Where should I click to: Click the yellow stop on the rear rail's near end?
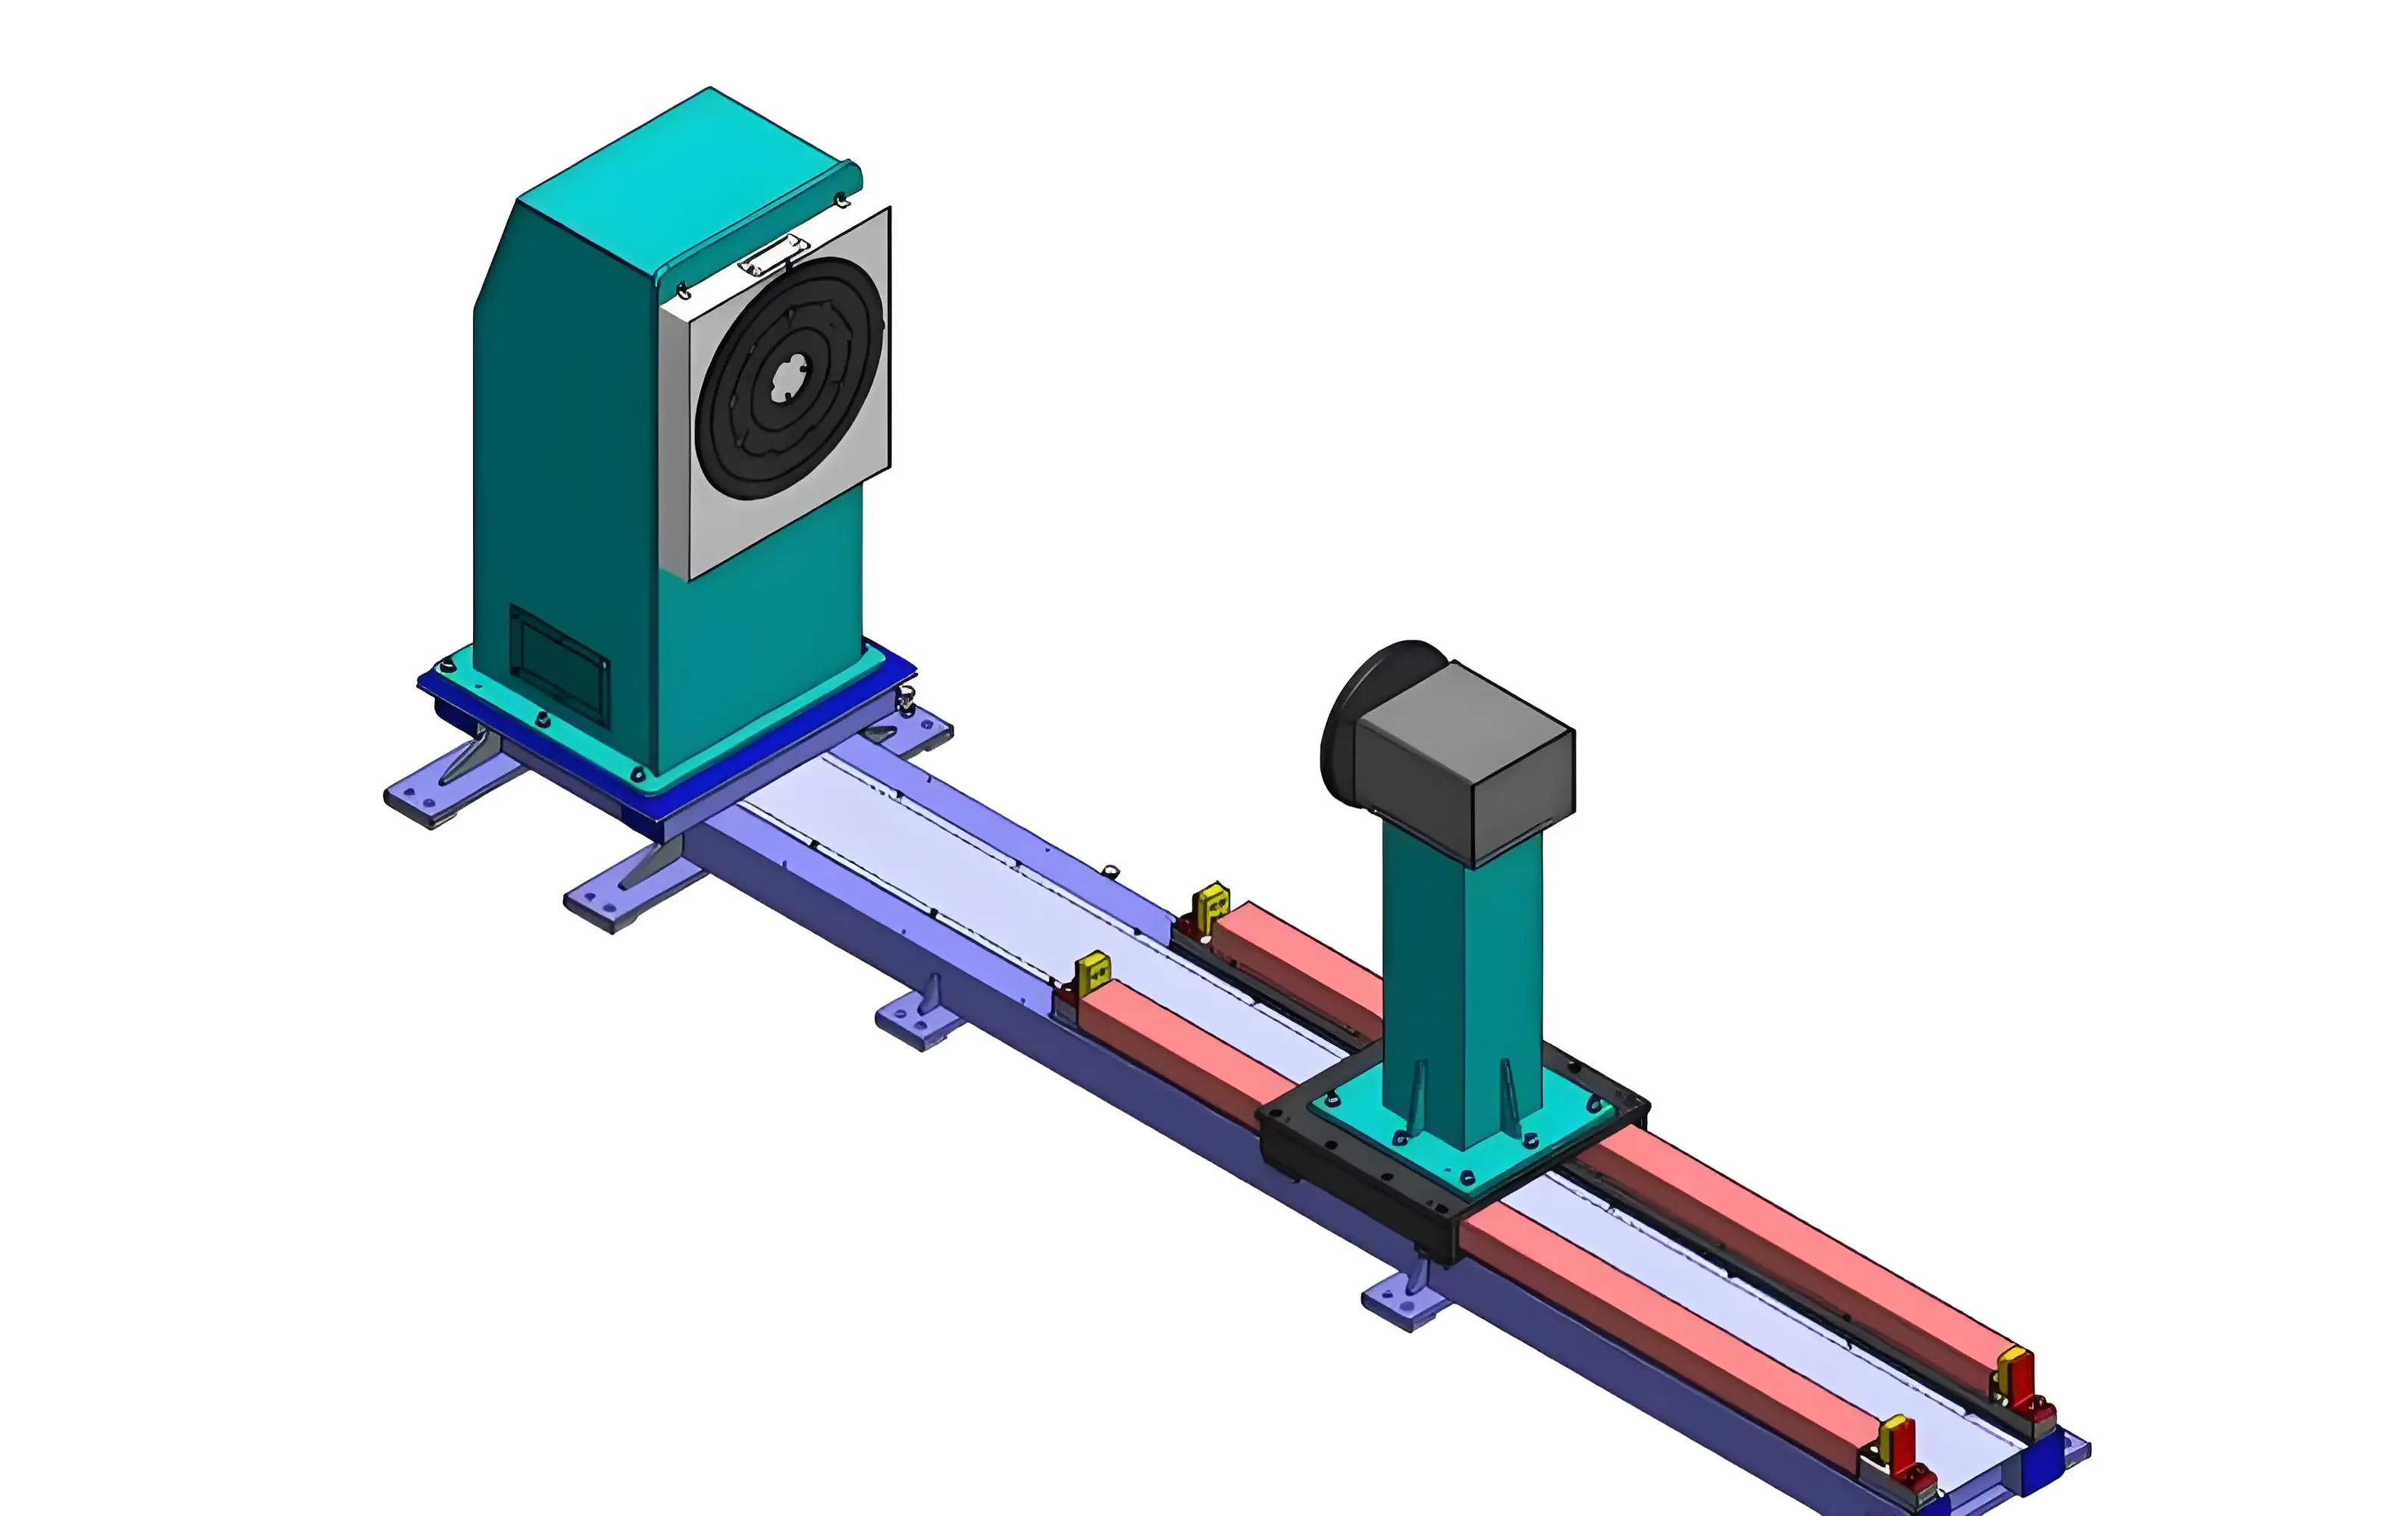tap(1210, 906)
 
